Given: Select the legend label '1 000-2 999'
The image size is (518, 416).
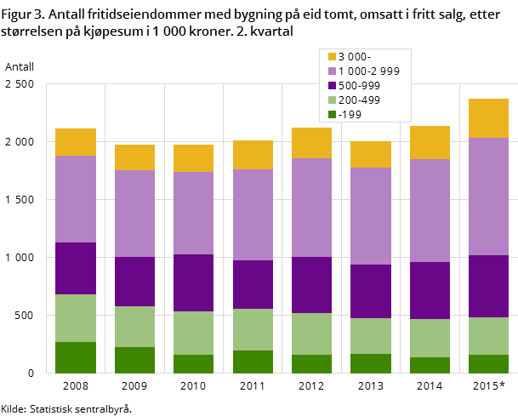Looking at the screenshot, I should pos(368,71).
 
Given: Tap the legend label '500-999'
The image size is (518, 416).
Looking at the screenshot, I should pos(359,86).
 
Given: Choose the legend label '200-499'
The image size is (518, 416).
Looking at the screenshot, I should pos(359,100).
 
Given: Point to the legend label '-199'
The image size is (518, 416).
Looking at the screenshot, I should pos(350,114).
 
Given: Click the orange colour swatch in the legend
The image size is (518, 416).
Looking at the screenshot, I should pos(332,57).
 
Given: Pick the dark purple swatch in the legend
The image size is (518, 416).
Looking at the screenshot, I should pos(332,86).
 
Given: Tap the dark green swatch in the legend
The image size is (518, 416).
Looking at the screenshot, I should pos(332,114).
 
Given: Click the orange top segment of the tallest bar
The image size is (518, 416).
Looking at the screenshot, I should pos(488,118).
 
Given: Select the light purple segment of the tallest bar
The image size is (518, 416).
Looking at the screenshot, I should pos(488,197).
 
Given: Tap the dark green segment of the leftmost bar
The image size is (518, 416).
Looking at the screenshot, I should pos(76,357).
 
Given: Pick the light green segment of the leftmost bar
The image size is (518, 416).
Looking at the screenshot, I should pos(76,318).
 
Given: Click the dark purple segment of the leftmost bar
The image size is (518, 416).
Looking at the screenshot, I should pos(76,268).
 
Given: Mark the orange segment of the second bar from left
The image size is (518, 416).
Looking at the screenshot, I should pos(134,157).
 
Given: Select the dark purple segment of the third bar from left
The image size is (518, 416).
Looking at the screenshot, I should pos(193,282).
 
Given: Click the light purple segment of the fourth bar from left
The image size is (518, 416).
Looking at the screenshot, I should pos(253,214).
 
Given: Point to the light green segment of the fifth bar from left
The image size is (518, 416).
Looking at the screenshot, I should pos(311,333).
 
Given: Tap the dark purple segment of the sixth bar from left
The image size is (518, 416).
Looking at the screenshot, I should pos(370,291).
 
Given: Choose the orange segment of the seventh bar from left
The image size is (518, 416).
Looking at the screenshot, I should pos(430,142).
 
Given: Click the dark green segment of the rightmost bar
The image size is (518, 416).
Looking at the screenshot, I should pos(488,363).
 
